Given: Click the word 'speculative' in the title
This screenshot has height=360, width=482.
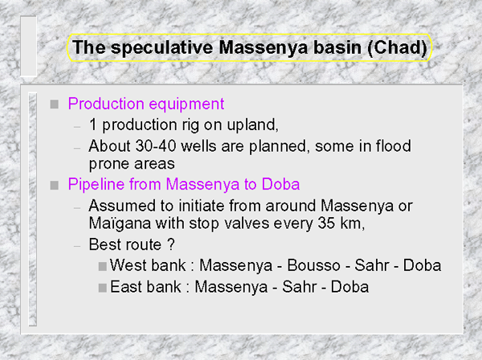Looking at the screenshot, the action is [162, 48].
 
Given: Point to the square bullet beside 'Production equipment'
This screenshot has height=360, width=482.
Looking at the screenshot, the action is [55, 104].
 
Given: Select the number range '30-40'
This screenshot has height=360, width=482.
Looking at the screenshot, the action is [156, 146].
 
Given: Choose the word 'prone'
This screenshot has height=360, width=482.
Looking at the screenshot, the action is [109, 164].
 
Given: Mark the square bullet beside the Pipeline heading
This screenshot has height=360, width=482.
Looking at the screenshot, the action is [55, 185].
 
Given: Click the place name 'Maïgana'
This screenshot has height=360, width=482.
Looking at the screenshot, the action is [120, 224].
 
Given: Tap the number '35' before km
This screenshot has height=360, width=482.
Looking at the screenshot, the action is [326, 223].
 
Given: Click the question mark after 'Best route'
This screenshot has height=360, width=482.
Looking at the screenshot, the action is [171, 244].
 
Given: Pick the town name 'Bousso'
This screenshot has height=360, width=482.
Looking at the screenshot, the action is [313, 266].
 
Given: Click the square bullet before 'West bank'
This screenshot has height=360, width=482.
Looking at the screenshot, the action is [103, 266].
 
